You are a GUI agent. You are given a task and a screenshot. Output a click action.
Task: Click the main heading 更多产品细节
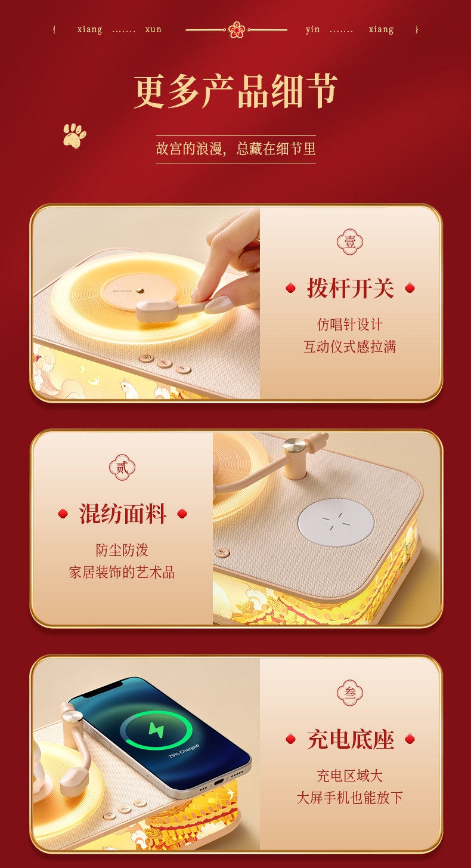pyautogui.click(x=235, y=91)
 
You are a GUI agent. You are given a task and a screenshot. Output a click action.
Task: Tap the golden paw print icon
pyautogui.click(x=75, y=135)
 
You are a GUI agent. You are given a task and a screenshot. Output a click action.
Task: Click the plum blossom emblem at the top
pyautogui.click(x=236, y=30)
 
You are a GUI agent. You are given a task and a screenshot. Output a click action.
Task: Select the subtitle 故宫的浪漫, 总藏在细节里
pyautogui.click(x=235, y=149)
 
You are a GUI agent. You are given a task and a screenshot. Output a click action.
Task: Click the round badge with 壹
pyautogui.click(x=350, y=242)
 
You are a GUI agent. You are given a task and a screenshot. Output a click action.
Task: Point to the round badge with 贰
pyautogui.click(x=122, y=468)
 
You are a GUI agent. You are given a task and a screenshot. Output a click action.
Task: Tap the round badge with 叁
pyautogui.click(x=350, y=693)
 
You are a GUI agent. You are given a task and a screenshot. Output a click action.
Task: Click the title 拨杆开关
pyautogui.click(x=350, y=288)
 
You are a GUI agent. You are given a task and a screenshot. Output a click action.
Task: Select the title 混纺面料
pyautogui.click(x=122, y=514)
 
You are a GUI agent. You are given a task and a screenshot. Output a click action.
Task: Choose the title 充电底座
pyautogui.click(x=350, y=739)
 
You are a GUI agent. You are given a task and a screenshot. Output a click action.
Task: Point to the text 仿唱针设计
pyautogui.click(x=350, y=325)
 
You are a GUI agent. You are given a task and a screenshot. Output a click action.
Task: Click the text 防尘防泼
pyautogui.click(x=122, y=550)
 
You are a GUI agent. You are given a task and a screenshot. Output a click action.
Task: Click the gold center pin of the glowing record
pyautogui.click(x=143, y=289)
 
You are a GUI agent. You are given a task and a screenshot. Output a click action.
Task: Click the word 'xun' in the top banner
pyautogui.click(x=153, y=29)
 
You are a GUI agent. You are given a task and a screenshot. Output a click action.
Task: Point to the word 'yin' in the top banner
pyautogui.click(x=312, y=29)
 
